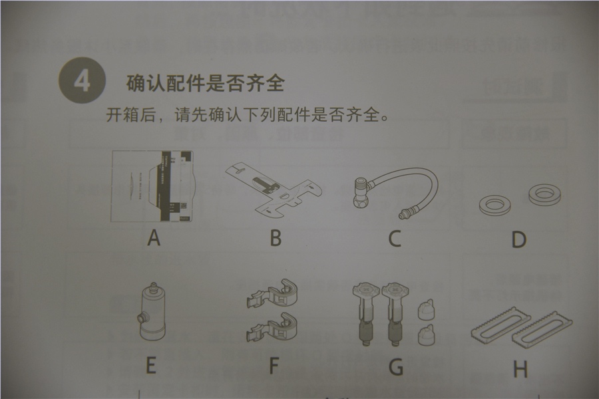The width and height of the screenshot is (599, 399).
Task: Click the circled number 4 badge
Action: click(x=82, y=82)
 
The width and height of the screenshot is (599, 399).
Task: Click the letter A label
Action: click(x=154, y=237)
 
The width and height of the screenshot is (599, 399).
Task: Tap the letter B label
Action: click(x=276, y=237)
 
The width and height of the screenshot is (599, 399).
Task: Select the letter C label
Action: click(x=395, y=238)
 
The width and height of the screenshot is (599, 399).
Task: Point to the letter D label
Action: click(x=519, y=239)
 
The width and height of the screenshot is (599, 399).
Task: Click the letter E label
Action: click(x=151, y=365)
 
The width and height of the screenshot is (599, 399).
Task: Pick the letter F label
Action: click(x=274, y=365)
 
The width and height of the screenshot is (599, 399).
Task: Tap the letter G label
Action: click(x=396, y=366)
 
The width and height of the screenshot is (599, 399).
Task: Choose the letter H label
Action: click(x=520, y=368)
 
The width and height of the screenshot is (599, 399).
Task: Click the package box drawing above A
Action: click(x=153, y=186)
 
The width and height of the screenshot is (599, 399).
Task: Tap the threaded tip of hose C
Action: click(x=402, y=214)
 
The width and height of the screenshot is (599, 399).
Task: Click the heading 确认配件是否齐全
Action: click(x=205, y=84)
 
